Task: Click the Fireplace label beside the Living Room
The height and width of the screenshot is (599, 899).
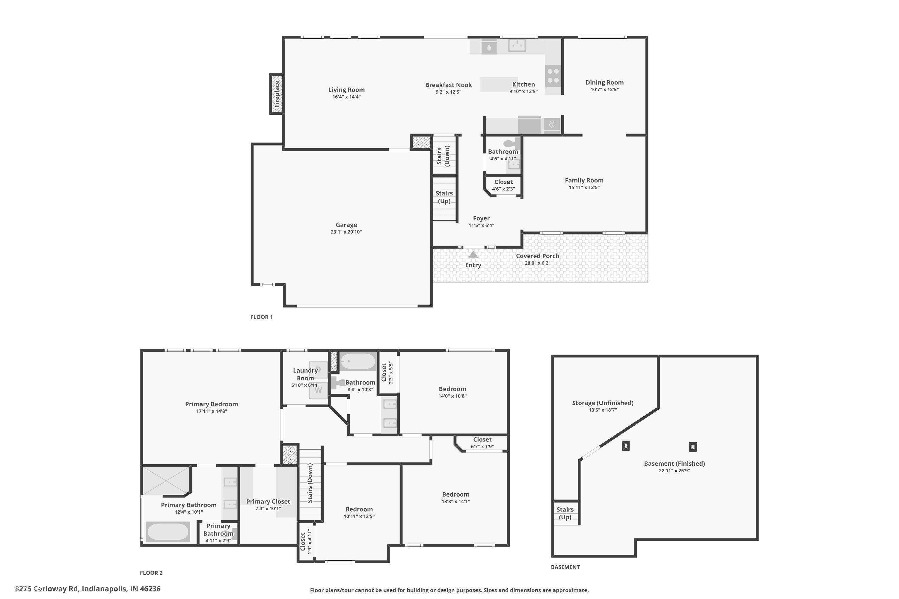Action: (x=277, y=93)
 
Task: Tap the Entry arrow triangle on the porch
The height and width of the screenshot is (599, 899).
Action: (x=473, y=254)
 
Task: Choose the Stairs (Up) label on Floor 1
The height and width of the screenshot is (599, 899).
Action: (x=444, y=197)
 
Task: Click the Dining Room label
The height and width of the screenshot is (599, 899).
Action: (x=604, y=83)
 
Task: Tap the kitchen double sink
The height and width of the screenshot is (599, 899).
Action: (x=517, y=46)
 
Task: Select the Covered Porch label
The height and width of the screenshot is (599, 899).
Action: (x=537, y=256)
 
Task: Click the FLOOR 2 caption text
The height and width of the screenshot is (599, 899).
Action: (x=151, y=573)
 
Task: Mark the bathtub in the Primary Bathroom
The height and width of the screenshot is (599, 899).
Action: (x=168, y=532)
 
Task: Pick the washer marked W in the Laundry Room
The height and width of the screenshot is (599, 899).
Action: (x=318, y=391)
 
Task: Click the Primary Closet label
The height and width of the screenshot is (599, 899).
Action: (x=268, y=502)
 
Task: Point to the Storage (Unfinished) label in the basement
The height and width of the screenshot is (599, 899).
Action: (x=602, y=403)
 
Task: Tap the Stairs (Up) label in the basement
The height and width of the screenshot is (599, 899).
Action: (x=565, y=513)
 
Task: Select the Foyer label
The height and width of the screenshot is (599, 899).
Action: (x=481, y=219)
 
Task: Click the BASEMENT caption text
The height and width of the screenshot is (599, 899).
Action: (x=565, y=567)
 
